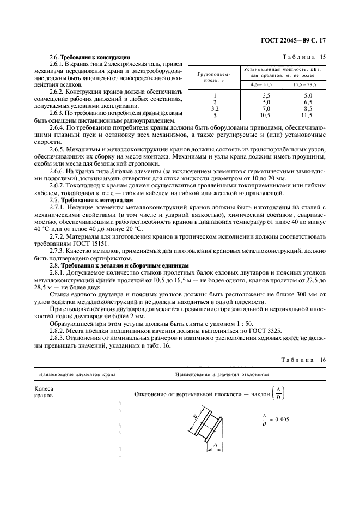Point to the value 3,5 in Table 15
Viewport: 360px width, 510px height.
point(266,96)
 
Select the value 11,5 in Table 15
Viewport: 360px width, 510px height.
point(306,116)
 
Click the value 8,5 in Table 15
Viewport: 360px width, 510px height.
point(307,109)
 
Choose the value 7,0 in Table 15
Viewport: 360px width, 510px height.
point(266,109)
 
